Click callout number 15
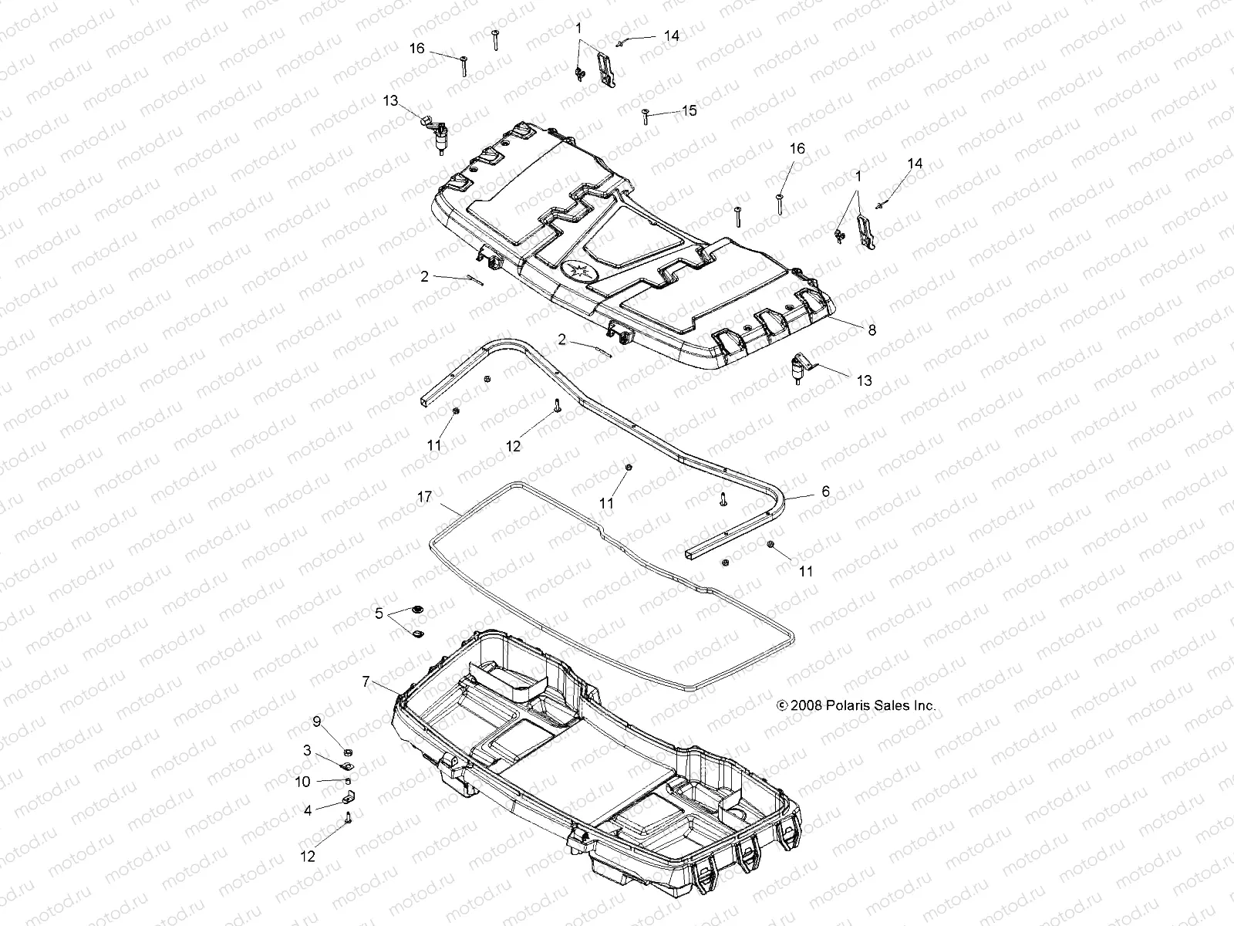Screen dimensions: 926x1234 coord(689,110)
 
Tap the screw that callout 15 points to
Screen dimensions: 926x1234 coord(644,116)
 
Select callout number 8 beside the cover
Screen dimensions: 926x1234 coord(872,330)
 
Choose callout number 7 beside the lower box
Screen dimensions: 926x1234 coord(366,681)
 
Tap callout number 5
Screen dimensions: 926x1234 coord(379,613)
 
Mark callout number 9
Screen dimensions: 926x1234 coord(316,722)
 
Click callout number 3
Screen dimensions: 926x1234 coord(307,750)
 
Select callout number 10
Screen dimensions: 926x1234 coord(303,782)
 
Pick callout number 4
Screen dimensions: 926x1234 coord(307,810)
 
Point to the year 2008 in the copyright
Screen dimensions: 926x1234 coord(804,705)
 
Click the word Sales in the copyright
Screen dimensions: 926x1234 coord(883,705)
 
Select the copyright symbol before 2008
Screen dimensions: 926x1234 coord(781,705)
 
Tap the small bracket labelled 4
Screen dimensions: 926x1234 coord(348,796)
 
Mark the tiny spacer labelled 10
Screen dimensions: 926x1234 coord(347,780)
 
